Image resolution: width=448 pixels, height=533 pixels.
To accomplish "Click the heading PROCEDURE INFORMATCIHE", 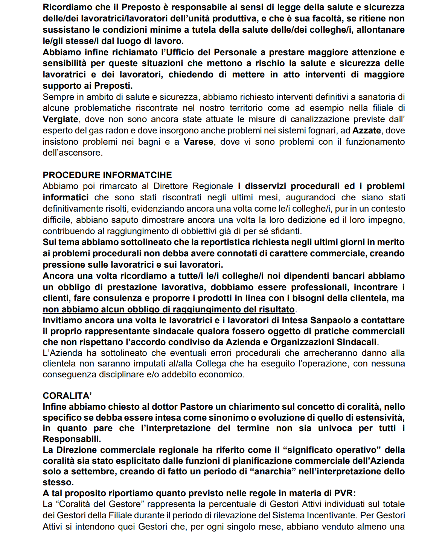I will coord(107,175).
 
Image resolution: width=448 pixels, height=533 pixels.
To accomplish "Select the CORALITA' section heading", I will coord(67,396).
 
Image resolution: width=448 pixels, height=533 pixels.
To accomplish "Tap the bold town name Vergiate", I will coord(61,120).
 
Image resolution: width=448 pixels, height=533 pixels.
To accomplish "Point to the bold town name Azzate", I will coord(366,131).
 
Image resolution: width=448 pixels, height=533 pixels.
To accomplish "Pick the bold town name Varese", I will coord(199,142).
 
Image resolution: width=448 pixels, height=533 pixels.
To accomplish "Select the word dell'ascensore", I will coord(73,153).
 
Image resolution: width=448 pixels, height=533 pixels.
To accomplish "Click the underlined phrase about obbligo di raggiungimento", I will coord(169,309).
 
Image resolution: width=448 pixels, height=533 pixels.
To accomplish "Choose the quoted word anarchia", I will coord(273,471).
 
